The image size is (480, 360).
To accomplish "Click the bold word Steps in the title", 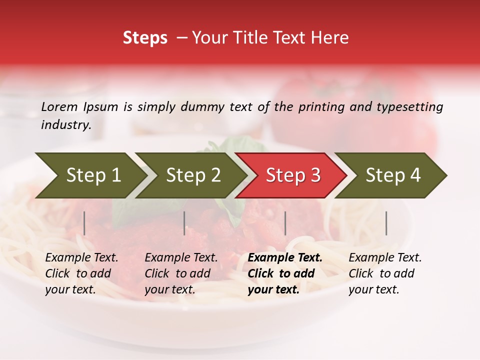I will (x=145, y=38).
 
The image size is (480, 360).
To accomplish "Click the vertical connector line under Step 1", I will (x=84, y=223).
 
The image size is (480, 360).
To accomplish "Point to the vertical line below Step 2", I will (x=184, y=223).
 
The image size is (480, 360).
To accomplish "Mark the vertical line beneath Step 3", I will (x=285, y=223).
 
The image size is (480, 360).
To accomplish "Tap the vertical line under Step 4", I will (x=386, y=223).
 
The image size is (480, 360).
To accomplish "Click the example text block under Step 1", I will (x=81, y=273).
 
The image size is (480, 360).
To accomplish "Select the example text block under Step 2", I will (x=181, y=273).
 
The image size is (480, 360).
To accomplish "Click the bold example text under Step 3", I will (x=285, y=273).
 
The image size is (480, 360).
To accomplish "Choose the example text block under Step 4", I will (x=385, y=273).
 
